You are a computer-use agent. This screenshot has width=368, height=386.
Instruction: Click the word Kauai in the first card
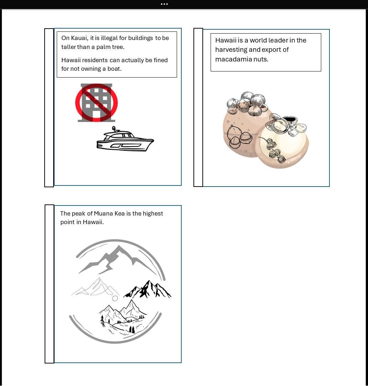(79, 38)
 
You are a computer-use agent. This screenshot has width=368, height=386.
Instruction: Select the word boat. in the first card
(115, 69)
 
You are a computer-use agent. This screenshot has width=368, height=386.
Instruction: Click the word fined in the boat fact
(161, 60)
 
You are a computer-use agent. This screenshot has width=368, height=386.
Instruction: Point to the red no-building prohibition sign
(96, 103)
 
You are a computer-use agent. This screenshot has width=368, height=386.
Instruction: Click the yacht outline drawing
(125, 139)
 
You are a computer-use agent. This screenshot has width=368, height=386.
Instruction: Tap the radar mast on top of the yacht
(114, 129)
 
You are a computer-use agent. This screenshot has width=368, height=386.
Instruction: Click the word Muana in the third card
(103, 213)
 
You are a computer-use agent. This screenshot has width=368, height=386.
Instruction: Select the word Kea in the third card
(120, 213)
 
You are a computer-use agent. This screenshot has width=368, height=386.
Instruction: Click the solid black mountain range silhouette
(147, 289)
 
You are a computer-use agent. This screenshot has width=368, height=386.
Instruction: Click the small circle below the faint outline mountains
(115, 298)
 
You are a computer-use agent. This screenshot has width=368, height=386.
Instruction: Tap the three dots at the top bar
(164, 4)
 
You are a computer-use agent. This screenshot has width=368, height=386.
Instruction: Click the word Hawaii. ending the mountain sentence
(93, 222)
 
